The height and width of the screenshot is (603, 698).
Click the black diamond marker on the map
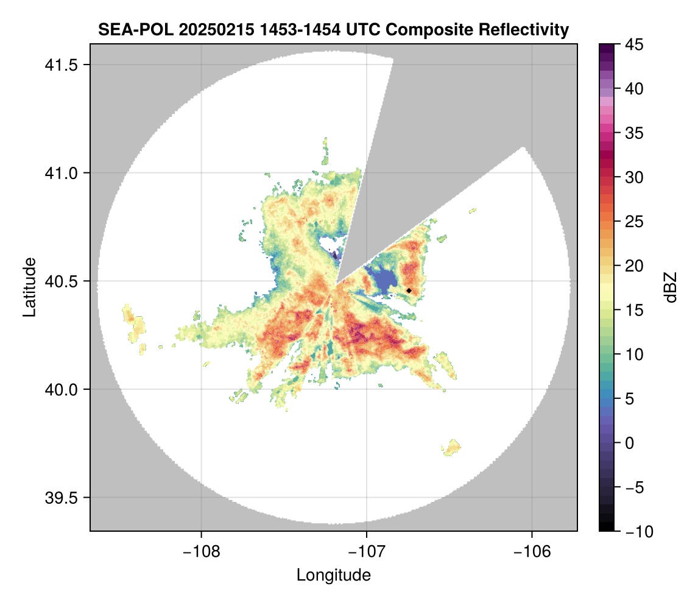coord(409,291)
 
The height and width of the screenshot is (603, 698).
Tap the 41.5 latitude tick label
coord(62,65)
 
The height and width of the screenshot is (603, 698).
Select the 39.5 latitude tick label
coord(62,498)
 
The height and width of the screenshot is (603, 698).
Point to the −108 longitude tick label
coord(202,552)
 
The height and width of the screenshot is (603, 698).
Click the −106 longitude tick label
coord(532,552)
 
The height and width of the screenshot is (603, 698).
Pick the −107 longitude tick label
coord(367,552)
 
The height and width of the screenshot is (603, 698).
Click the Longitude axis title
coord(333,575)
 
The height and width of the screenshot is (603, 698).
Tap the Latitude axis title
coord(29,287)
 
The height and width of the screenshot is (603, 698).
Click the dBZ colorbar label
coord(671,287)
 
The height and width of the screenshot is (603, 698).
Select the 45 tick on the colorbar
coord(634,44)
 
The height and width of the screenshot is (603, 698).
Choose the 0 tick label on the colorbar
coord(629,443)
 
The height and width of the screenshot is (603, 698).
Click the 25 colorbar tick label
coord(634,222)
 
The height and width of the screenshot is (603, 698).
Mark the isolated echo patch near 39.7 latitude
coord(451,447)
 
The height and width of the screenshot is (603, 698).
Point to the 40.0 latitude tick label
coord(62,390)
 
